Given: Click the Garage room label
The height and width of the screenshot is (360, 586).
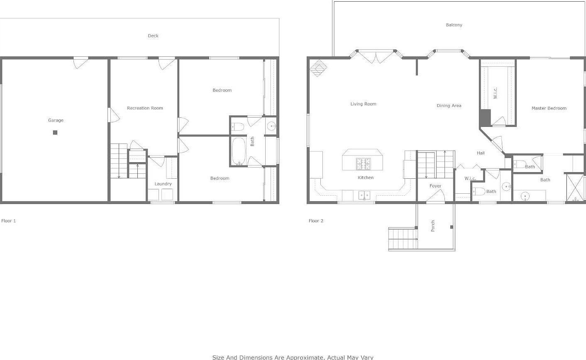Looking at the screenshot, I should (56, 120).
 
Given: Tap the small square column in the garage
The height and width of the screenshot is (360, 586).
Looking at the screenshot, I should (55, 133).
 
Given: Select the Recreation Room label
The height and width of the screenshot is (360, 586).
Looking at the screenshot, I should (145, 108).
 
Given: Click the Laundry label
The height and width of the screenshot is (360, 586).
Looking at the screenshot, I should (163, 184).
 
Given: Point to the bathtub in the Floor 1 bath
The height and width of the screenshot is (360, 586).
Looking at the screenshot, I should (239, 151).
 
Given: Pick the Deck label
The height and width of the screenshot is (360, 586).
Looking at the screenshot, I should (153, 36).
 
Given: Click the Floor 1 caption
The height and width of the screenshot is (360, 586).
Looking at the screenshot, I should (9, 221).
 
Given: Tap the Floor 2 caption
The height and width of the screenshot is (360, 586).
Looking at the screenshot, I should (316, 221).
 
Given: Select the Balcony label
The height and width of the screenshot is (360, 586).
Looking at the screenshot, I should (454, 25).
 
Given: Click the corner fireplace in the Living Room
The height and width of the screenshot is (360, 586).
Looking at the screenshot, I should (318, 68).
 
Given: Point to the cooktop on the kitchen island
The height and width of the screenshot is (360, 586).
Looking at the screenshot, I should (363, 164).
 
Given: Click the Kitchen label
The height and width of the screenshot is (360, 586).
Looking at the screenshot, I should (366, 178).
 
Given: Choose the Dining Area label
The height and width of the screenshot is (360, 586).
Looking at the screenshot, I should (449, 106).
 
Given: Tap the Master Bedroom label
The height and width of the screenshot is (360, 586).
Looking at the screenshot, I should (549, 108).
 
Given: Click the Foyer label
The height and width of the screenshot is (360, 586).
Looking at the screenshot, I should (435, 186).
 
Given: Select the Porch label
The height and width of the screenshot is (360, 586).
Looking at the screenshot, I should (433, 226).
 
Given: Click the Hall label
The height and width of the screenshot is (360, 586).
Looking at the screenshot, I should (481, 153).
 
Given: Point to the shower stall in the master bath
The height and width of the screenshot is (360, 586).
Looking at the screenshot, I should (575, 188).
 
